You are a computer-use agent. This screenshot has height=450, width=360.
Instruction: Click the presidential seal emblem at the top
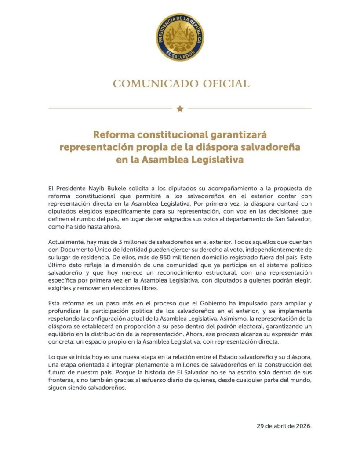coord(180,37)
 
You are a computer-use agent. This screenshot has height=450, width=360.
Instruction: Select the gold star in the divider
coord(180,109)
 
